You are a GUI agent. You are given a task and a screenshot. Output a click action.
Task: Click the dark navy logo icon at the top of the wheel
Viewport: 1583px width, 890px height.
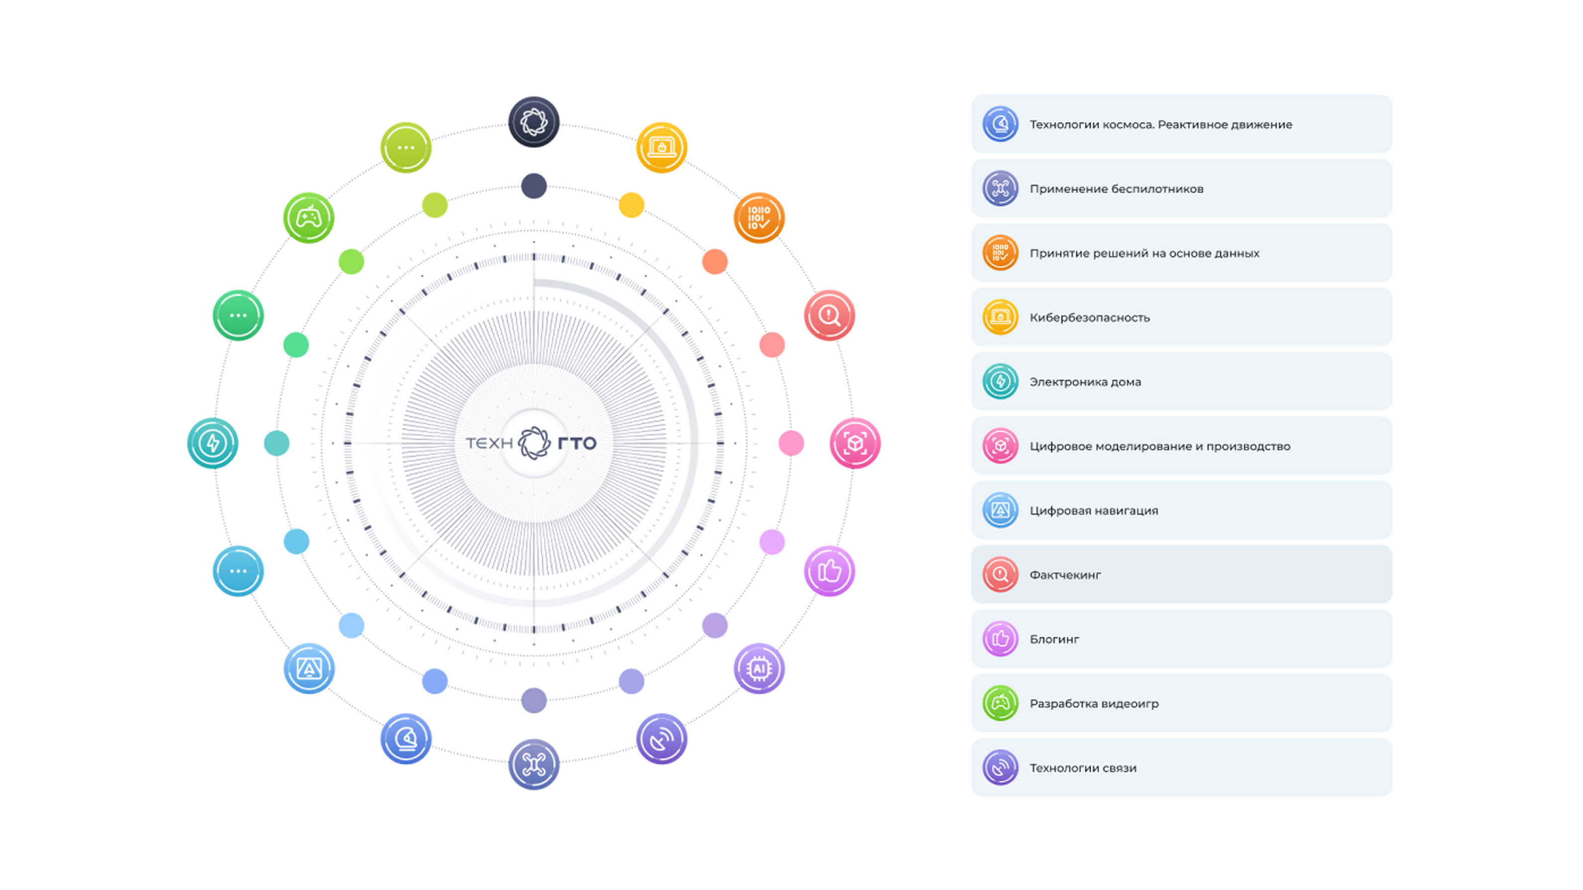tap(534, 121)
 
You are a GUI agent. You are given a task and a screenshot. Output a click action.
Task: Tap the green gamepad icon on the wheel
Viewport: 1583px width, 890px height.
tap(309, 218)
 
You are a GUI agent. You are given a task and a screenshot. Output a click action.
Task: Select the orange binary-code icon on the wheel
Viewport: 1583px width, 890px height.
tap(759, 218)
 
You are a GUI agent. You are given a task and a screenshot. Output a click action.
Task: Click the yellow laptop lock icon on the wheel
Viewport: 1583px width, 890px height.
tap(661, 147)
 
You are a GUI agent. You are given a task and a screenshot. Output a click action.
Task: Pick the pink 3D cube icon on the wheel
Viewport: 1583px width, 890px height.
tap(855, 443)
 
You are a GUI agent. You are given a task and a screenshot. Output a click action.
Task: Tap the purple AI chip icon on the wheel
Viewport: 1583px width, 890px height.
tap(759, 668)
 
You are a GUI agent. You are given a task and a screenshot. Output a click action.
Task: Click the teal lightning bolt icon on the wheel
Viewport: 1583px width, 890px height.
tap(213, 443)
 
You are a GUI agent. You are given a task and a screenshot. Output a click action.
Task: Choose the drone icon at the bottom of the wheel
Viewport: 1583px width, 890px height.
tap(534, 764)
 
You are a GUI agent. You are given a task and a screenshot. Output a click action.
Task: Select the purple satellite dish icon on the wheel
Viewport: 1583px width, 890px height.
tap(661, 739)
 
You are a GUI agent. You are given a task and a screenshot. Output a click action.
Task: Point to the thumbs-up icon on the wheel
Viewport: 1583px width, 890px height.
tap(829, 571)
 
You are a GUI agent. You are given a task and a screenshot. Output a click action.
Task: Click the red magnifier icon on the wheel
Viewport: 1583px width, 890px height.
tap(829, 315)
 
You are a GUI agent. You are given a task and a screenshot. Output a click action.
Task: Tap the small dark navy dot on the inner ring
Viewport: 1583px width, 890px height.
tap(534, 186)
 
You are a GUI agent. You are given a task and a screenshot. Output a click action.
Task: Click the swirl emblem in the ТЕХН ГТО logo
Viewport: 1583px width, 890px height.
tap(534, 443)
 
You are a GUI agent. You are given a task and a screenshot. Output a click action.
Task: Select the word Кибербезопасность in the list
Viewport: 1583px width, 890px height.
tap(1090, 318)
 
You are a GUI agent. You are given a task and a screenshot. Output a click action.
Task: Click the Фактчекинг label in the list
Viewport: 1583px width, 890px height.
tap(1065, 575)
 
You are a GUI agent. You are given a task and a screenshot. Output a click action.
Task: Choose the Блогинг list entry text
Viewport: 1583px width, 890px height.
tap(1054, 639)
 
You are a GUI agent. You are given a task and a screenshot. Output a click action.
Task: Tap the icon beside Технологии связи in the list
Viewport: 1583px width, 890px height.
tap(1000, 767)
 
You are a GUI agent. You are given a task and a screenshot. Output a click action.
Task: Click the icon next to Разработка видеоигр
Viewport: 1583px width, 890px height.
tap(1000, 703)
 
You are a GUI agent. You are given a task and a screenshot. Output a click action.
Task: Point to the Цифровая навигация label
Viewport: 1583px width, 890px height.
tap(1094, 511)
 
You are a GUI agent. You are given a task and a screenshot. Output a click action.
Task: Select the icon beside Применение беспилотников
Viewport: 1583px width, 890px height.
tap(1000, 188)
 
